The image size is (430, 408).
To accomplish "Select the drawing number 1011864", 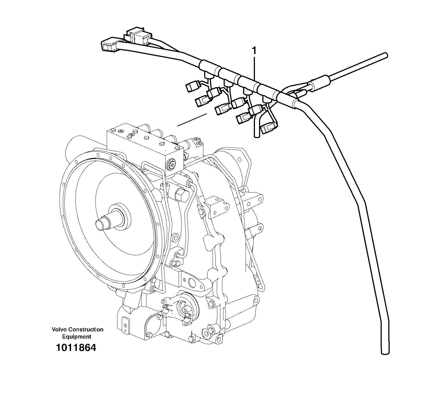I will [x=76, y=348].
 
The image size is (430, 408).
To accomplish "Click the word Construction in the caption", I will [x=86, y=329].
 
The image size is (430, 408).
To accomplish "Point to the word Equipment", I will [x=77, y=337].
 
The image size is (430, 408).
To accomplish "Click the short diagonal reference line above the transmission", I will [x=192, y=120].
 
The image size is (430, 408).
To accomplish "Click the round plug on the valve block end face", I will [x=171, y=165].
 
